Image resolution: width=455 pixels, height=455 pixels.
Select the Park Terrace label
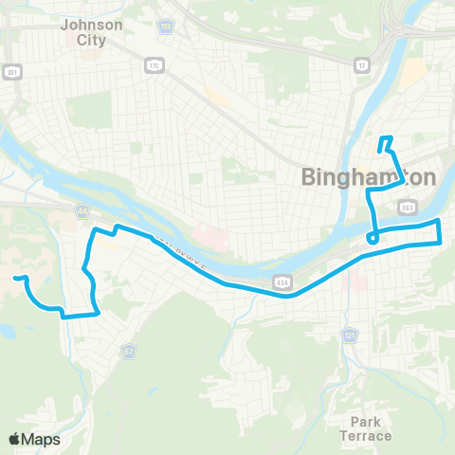pos(365,428)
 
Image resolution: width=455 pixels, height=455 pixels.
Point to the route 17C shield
pos(154,64)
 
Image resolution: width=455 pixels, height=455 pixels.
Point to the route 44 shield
pos(82,212)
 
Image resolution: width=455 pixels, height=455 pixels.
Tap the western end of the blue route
pos(16,278)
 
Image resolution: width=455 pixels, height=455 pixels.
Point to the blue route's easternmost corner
pos(442,242)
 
